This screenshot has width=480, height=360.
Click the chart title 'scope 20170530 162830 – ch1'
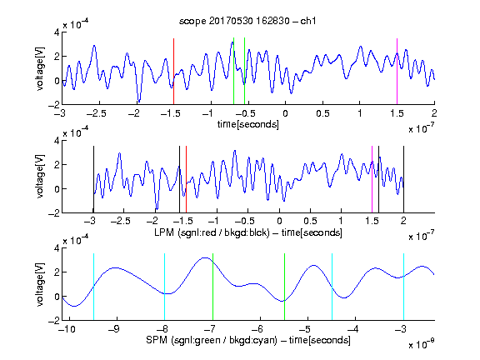247,21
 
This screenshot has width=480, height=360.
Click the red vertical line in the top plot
173,72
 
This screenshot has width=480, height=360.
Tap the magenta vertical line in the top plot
397,72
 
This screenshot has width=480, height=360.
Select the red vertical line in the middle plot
186,179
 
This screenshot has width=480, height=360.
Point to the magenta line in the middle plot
372,179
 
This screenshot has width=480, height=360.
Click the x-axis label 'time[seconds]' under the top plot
248,124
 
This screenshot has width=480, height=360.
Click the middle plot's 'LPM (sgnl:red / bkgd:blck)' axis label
212,232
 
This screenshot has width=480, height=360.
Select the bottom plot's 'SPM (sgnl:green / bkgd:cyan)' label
212,340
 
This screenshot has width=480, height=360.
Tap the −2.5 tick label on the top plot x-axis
97,113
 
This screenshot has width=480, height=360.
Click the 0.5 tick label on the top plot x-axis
322,113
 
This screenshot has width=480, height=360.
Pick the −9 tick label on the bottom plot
114,329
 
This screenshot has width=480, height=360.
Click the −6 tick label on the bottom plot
257,329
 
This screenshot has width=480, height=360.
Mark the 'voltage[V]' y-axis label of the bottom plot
40,284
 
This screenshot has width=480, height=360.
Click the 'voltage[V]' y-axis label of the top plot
40,68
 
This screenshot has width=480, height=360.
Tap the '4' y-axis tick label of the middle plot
57,141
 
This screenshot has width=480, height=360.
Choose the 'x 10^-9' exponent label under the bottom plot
422,344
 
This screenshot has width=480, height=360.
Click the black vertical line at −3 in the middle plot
93,179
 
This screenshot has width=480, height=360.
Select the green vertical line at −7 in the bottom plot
212,287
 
